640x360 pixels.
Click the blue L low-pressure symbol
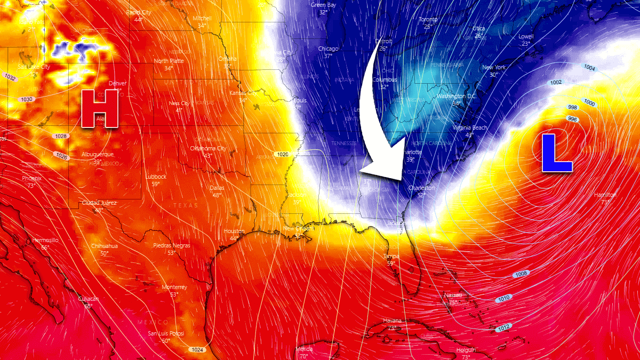point(556,153)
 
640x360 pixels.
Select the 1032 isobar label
point(10,78)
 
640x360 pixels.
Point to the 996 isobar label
point(573,119)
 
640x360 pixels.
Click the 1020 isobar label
point(283,154)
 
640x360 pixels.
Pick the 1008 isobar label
point(522,274)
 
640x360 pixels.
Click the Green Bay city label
point(323,5)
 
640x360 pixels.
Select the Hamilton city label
point(605,195)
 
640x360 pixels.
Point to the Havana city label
point(393,321)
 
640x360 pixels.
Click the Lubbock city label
point(156,177)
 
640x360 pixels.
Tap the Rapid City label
point(139,12)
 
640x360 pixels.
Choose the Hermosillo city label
point(45,240)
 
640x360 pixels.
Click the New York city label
point(494,68)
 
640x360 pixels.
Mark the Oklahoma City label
point(207,148)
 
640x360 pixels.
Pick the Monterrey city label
point(174,287)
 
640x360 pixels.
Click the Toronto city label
point(428,20)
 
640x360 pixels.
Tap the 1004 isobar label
point(589,68)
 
